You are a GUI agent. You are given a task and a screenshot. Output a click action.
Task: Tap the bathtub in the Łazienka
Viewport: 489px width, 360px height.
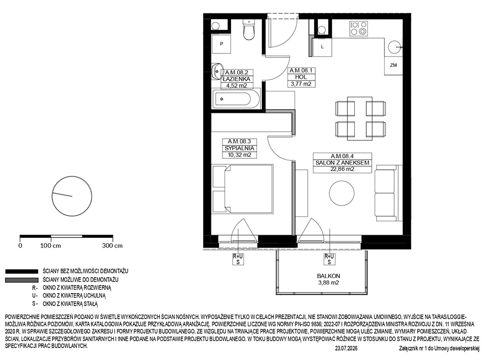[236, 99]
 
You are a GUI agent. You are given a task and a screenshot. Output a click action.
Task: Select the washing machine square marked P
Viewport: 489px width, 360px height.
[222, 44]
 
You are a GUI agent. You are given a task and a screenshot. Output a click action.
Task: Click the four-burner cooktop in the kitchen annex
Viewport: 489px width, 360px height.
[359, 28]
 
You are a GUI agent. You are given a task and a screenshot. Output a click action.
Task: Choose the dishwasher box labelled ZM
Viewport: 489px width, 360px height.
[394, 65]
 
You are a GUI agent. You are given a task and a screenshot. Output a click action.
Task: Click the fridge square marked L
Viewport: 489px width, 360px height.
[322, 47]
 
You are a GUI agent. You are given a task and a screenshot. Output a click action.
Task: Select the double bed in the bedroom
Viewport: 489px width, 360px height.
[243, 189]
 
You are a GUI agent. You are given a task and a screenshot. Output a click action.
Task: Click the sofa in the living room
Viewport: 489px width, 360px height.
[387, 192]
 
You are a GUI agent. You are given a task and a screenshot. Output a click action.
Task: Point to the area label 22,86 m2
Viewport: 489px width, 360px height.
[342, 169]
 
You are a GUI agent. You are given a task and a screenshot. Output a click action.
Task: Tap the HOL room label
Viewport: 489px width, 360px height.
[300, 77]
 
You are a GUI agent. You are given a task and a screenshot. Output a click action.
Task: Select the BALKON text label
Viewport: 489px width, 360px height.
[328, 276]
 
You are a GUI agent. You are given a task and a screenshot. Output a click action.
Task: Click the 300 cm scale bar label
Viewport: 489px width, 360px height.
[112, 246]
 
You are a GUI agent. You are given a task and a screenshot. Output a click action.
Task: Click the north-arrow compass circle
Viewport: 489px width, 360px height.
[72, 196]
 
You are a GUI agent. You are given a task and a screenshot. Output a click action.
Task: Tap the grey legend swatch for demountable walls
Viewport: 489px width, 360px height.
[21, 280]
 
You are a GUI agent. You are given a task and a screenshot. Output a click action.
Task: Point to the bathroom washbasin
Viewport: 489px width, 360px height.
[218, 71]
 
